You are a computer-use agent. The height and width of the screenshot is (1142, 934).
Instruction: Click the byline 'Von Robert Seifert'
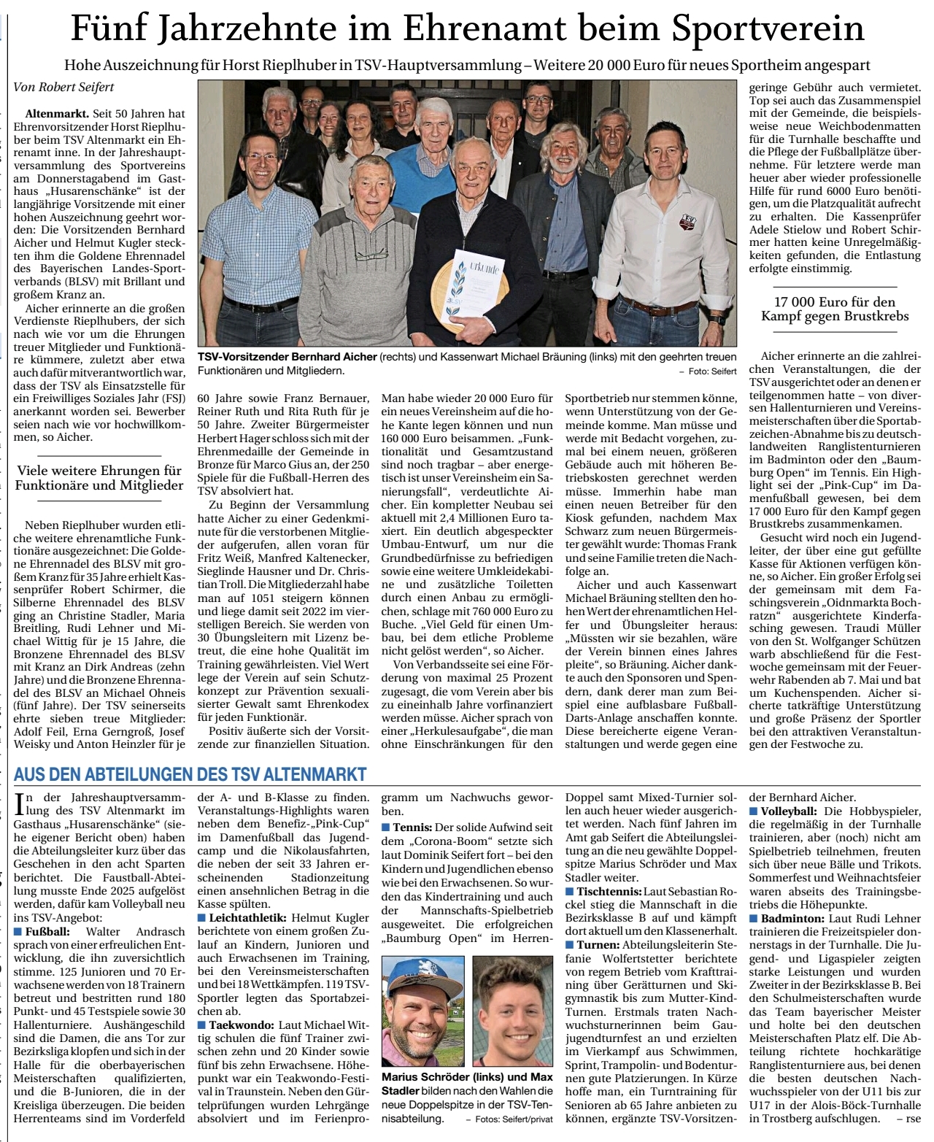63,87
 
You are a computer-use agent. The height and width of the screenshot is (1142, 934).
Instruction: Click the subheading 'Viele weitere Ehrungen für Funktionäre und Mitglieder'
99,478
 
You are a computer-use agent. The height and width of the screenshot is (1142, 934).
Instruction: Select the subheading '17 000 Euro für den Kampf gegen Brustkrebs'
835,309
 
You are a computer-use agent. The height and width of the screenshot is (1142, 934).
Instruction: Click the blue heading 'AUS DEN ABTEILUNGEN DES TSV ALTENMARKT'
190,774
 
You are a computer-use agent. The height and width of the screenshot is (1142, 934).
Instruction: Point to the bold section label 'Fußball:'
47,932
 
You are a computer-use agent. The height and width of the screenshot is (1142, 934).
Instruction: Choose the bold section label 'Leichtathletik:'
247,917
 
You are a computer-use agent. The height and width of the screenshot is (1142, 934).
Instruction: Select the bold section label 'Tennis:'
413,827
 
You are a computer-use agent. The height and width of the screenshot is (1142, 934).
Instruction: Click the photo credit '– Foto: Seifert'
708,371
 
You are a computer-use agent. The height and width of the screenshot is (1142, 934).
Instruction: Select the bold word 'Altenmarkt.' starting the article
57,114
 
